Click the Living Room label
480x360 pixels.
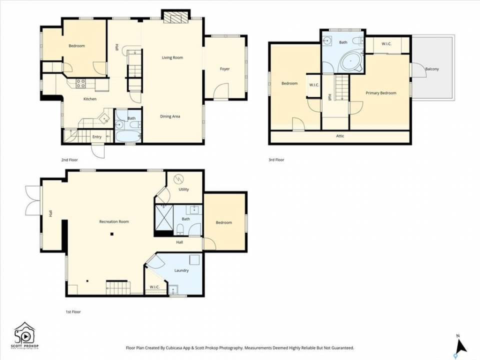[x=172, y=57]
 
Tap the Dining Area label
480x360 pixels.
[x=170, y=116]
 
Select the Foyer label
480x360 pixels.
[x=224, y=69]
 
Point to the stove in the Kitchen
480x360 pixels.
[x=81, y=83]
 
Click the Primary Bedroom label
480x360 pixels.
[x=381, y=93]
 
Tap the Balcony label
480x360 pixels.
[x=432, y=69]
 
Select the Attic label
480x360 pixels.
[x=340, y=136]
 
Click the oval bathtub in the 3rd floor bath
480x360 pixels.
[x=351, y=62]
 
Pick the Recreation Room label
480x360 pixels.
[x=114, y=221]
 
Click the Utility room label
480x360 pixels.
[x=183, y=189]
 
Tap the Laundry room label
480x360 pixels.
[x=181, y=270]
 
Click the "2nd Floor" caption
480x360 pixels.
[x=69, y=160]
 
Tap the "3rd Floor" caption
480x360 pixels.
[x=276, y=160]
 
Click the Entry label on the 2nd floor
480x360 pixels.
[x=97, y=137]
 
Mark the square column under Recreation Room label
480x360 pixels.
[x=112, y=234]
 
